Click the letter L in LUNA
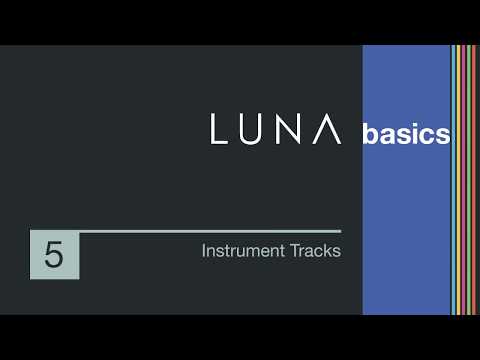coord(220,130)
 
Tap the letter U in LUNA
coord(254,130)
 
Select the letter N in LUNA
coord(293,130)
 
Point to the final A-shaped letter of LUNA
coord(332,130)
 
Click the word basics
coord(406,134)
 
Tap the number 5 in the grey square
coord(54,255)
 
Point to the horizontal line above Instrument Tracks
coord(210,231)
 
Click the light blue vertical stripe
coord(453,180)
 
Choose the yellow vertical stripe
coord(458,180)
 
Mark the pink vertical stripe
coord(463,180)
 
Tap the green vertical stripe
coord(469,180)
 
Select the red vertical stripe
coord(474,180)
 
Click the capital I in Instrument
coord(204,251)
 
